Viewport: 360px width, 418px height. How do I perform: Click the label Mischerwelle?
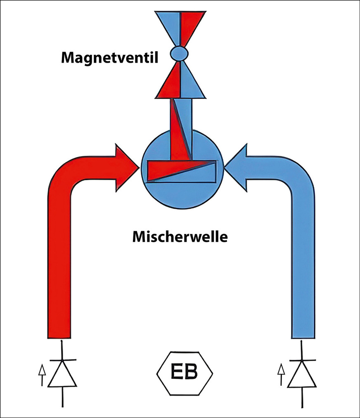click(180, 237)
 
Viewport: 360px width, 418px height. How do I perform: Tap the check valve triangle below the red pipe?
click(62, 373)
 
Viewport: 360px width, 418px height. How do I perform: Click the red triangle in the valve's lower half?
click(170, 83)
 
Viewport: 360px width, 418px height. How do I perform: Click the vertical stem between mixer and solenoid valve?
click(180, 124)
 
